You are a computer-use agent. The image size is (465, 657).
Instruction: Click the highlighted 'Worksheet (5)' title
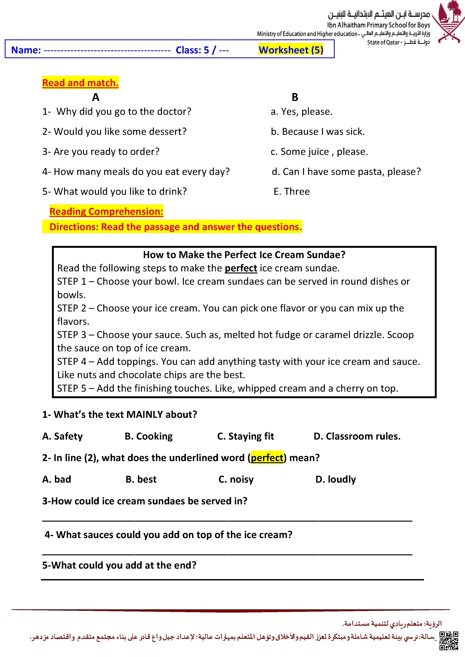pos(291,50)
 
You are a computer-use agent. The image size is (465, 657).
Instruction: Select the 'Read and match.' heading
pos(80,83)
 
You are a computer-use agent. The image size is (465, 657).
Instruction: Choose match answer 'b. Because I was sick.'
pos(317,132)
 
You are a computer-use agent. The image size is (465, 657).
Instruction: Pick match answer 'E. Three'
pos(291,191)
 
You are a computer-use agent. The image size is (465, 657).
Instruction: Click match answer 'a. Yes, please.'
pos(302,112)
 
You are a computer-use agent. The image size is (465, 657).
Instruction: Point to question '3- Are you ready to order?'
pos(101,152)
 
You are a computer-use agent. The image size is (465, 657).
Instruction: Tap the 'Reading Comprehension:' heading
pos(106,211)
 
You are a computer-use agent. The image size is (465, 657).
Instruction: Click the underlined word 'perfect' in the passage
pos(241,268)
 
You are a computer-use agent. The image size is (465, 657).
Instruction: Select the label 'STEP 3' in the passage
pos(72,335)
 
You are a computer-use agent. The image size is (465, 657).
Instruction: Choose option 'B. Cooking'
pos(149,436)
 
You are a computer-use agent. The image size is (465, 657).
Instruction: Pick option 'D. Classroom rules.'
pos(357,436)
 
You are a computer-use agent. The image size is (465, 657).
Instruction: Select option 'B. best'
pos(141,479)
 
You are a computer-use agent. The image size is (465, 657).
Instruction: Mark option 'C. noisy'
pos(236,479)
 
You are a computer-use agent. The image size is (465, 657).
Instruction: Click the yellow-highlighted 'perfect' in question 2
pos(267,458)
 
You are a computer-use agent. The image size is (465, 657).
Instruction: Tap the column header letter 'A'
pos(96,97)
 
